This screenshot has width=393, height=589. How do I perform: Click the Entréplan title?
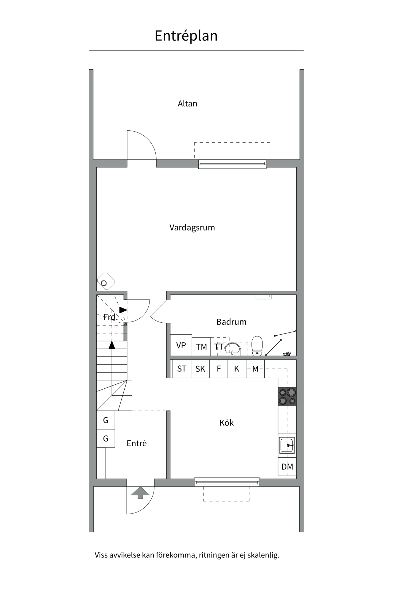186,36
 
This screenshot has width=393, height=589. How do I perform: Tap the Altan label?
187,104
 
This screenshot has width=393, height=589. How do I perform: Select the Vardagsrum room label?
192,228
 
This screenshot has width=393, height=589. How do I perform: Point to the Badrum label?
231,322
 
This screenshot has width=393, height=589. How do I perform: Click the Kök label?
226,423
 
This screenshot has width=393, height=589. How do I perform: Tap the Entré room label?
137,443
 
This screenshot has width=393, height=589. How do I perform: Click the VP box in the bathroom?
181,345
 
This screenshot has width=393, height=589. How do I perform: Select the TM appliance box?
201,347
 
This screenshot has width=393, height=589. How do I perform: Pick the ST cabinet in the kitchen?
181,369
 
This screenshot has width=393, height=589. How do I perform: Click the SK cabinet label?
200,369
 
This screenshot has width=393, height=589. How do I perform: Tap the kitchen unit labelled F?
219,369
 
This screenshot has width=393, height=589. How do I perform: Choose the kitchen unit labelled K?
237,369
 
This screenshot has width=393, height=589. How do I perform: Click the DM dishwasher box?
287,467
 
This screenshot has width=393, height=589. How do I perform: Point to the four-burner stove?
287,396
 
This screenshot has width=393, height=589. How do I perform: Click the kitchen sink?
287,445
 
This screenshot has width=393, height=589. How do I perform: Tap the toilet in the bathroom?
257,346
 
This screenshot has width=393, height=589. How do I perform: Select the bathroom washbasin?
232,349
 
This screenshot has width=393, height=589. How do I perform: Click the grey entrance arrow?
140,492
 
